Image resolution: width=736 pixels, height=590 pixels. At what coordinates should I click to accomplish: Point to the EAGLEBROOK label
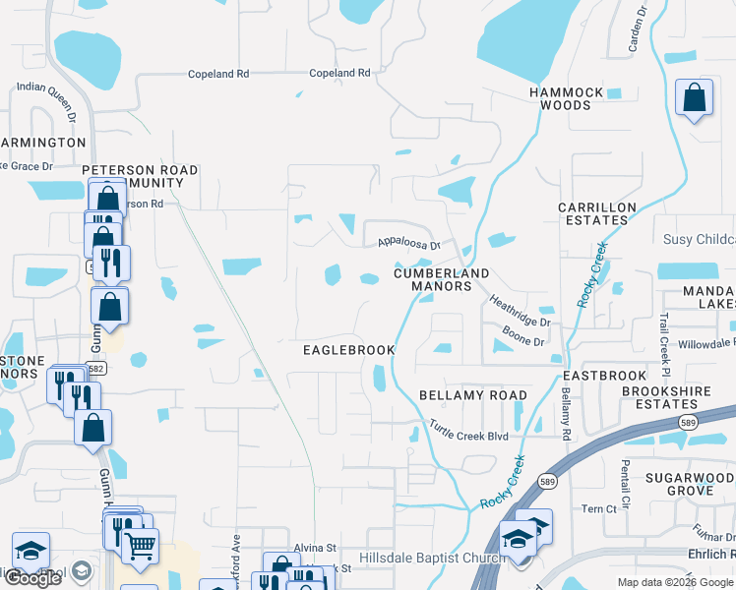pos(348,350)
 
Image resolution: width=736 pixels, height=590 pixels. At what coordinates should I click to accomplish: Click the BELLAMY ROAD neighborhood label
pos(473,395)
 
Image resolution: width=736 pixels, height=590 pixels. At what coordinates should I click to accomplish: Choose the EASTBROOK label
pos(604,376)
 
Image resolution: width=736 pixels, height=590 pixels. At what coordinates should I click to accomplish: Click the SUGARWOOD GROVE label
pos(690,483)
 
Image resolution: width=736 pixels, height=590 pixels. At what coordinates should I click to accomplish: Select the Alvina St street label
pos(315,548)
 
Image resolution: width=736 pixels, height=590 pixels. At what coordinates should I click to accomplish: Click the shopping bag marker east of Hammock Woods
pos(695,97)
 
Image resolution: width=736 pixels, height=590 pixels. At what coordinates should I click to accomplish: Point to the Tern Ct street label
pos(612,508)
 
